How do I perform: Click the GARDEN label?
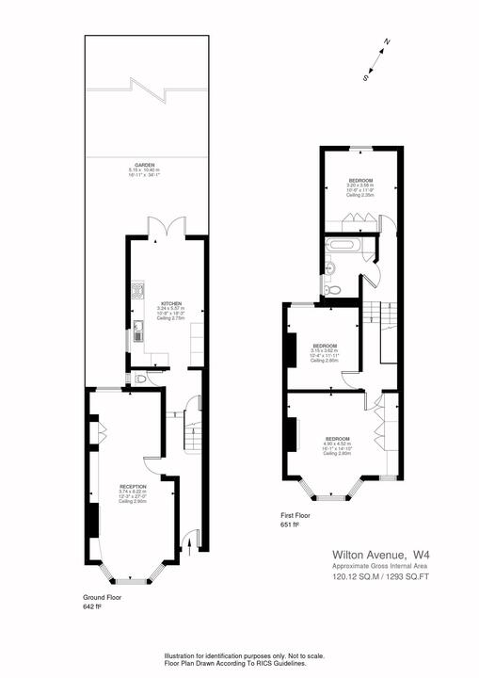[x=143, y=164]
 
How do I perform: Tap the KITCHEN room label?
[x=169, y=303]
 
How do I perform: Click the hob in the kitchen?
[x=138, y=291]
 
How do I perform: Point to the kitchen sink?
[x=137, y=331]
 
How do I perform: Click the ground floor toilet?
[x=140, y=379]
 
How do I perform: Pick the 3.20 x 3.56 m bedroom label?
[x=360, y=180]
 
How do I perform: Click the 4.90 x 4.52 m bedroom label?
[x=338, y=439]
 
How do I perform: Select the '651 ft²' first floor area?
[x=289, y=525]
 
